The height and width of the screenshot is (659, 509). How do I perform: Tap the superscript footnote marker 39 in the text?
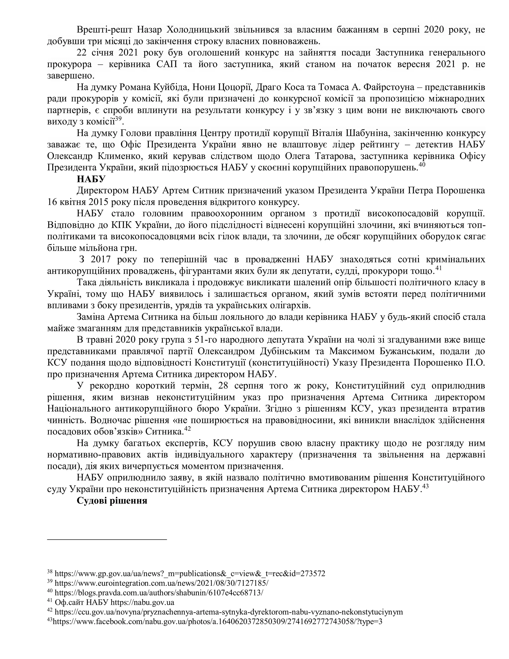(118, 119)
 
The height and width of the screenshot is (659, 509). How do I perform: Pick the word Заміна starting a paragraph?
(90, 317)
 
